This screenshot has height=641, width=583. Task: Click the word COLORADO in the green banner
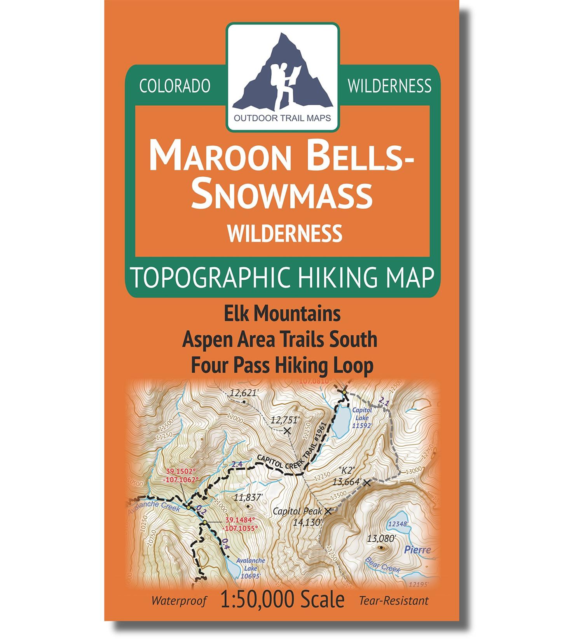pos(175,86)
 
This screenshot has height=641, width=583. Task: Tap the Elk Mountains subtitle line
pos(282,314)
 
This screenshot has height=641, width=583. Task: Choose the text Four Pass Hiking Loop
pos(282,365)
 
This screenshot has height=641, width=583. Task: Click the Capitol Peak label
pos(298,511)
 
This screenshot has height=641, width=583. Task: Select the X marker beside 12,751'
pos(287,430)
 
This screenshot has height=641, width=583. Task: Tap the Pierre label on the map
pos(417,550)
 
